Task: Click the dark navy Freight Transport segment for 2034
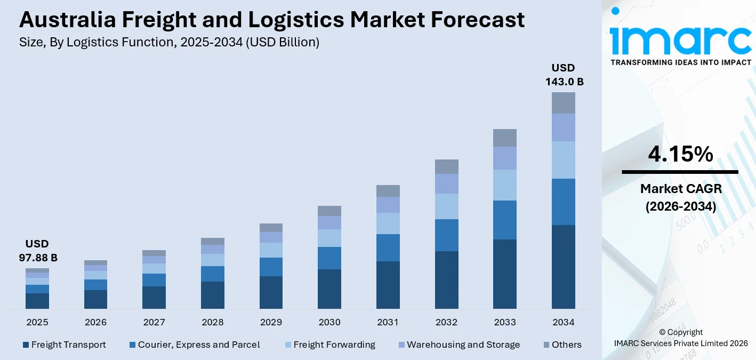coord(564,267)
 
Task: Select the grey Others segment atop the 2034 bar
coord(564,102)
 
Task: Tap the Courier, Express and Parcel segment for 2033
coord(505,220)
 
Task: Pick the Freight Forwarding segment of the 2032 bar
coord(446,206)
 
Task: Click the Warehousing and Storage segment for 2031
coord(388,205)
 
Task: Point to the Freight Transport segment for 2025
coord(37,301)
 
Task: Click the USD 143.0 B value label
coord(564,75)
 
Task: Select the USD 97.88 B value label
coord(37,251)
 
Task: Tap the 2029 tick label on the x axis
coord(271,322)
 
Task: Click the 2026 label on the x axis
coord(95,322)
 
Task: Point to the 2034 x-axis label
coord(564,322)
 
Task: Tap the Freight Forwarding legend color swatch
coord(288,345)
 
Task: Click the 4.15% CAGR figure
coord(680,154)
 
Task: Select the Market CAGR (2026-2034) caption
coord(680,197)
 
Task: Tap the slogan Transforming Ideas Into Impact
coord(680,62)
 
